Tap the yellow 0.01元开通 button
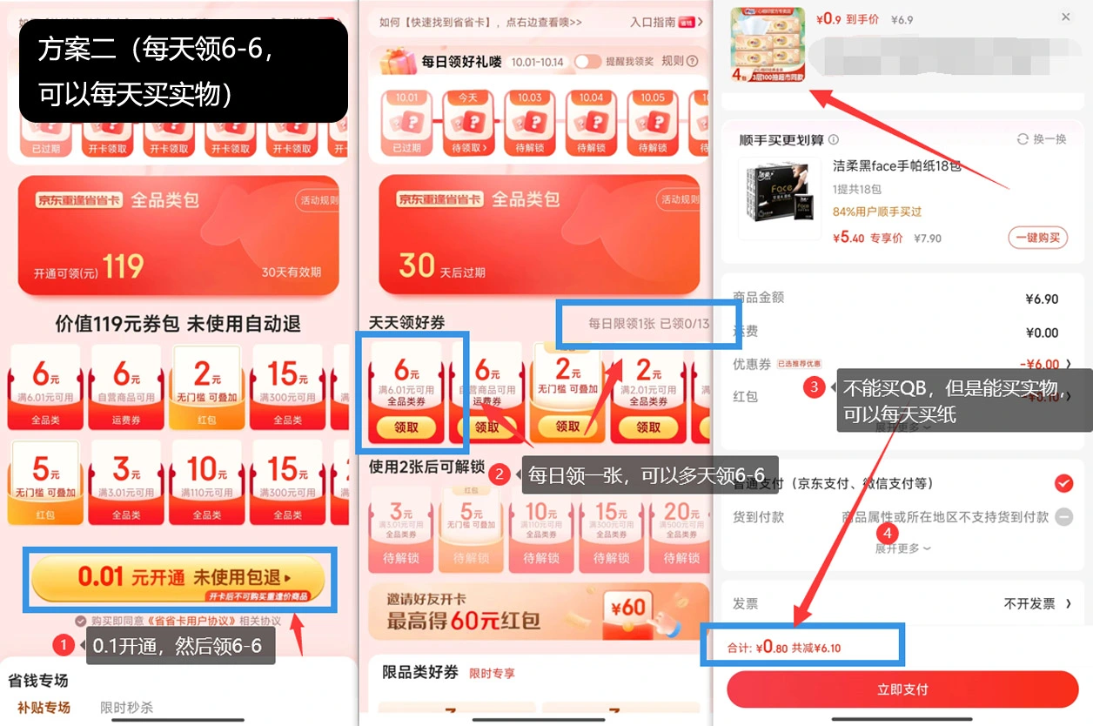pyautogui.click(x=178, y=578)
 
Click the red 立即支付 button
pyautogui.click(x=902, y=689)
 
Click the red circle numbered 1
pyautogui.click(x=64, y=645)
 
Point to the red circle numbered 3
pyautogui.click(x=814, y=387)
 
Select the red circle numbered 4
pyautogui.click(x=887, y=533)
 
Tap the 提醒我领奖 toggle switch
pyautogui.click(x=587, y=61)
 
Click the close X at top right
pyautogui.click(x=1066, y=17)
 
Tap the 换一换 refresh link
pyautogui.click(x=1042, y=139)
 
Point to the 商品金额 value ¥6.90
pyautogui.click(x=1042, y=299)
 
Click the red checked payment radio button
pyautogui.click(x=1063, y=483)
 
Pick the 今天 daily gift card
pyautogui.click(x=468, y=122)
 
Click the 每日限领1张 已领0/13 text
pyautogui.click(x=648, y=324)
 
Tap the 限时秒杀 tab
pyautogui.click(x=126, y=708)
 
